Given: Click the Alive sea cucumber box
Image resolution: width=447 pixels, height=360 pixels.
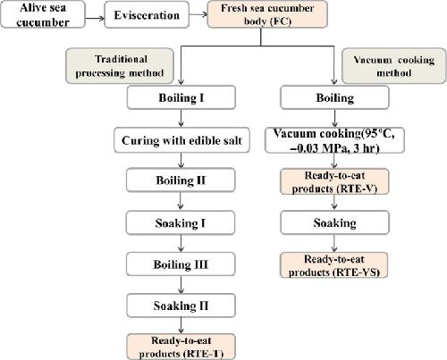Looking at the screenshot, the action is (43, 14).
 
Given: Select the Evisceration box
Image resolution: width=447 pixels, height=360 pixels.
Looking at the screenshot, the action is (147, 15).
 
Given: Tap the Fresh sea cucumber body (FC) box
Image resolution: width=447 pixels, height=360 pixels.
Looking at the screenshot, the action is (267, 14).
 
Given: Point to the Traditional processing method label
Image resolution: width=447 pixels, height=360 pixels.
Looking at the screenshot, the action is (120, 66).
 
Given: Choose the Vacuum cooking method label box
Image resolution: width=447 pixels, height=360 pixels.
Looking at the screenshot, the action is (394, 66).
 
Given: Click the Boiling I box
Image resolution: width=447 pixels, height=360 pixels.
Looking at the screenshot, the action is (181, 97).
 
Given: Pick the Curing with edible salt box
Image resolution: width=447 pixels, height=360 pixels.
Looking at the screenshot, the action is (181, 140).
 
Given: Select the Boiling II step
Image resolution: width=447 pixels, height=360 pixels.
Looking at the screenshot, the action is (181, 180).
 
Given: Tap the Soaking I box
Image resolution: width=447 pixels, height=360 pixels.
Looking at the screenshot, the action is (181, 222).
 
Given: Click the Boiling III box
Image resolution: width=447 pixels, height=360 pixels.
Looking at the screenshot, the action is (181, 264).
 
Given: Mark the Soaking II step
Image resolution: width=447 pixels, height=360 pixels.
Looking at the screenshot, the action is (181, 306).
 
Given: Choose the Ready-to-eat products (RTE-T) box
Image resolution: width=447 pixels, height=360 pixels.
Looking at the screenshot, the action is (181, 347).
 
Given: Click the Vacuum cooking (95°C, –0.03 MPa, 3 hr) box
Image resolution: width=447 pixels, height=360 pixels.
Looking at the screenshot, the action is (334, 140).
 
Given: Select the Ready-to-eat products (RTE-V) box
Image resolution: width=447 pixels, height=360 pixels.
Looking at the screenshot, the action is (334, 181).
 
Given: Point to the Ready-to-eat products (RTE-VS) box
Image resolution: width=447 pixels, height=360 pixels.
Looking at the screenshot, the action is (334, 265).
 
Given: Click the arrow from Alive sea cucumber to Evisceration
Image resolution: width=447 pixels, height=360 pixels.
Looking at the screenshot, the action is (95, 18).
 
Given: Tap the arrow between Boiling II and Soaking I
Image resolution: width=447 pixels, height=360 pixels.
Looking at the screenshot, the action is (181, 201).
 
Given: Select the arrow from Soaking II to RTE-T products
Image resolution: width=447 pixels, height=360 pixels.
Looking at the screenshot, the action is (181, 326).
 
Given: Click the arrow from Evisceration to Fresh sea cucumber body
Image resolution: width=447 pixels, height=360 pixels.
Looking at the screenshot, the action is (198, 14).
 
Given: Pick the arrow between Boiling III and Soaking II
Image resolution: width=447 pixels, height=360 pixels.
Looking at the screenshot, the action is (181, 285).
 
